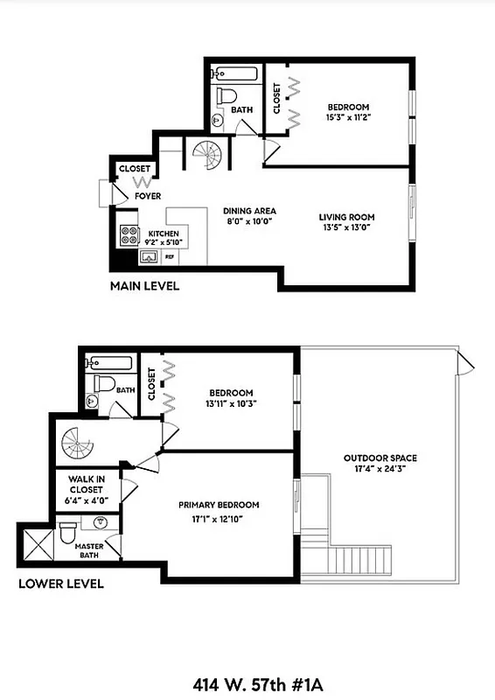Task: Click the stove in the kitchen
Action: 129,235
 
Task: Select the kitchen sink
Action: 149,257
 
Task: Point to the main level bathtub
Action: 237,73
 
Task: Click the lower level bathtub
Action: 109,362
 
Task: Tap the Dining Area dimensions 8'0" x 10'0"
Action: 249,222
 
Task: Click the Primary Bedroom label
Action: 219,505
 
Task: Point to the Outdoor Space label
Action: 380,458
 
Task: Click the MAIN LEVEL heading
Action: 144,286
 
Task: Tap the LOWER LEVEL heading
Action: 61,584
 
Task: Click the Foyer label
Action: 147,196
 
